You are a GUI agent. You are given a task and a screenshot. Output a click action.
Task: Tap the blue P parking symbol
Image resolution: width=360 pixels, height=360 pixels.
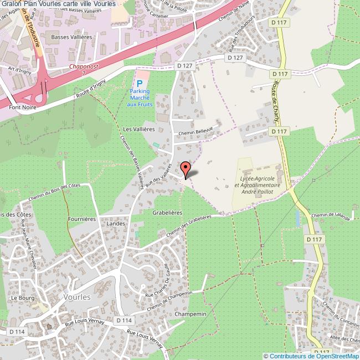pos(139,83)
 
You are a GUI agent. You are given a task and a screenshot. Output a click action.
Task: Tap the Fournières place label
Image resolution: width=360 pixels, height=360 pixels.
pos(82,219)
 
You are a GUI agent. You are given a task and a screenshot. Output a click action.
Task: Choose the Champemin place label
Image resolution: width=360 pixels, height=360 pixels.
pos(190,314)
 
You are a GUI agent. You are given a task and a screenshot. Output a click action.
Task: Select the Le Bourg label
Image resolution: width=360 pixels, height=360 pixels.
pos(22,297)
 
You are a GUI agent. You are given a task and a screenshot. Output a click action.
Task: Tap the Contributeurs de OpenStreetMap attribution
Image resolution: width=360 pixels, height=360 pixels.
pos(311,356)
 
